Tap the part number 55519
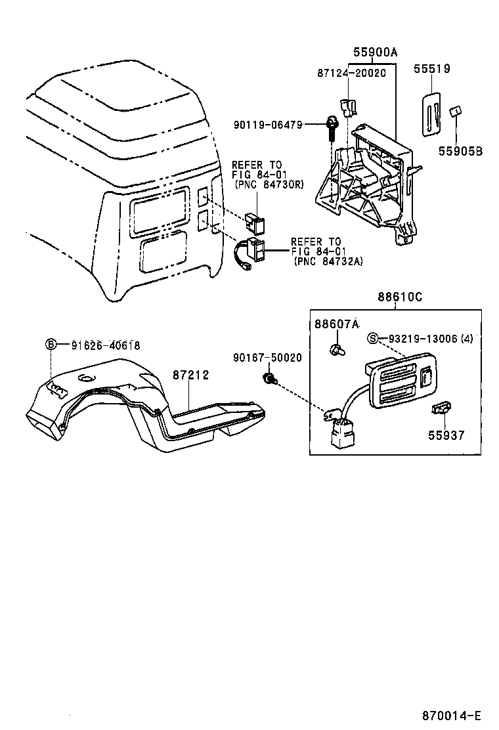[x=432, y=68]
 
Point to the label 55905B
[x=460, y=151]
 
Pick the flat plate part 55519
[x=430, y=112]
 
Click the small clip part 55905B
[x=453, y=112]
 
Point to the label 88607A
[x=337, y=324]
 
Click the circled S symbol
[x=373, y=339]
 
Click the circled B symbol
[x=52, y=345]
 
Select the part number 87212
[x=190, y=375]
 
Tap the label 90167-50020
[x=267, y=358]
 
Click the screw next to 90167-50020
[x=269, y=378]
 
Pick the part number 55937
[x=446, y=435]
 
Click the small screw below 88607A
[x=337, y=348]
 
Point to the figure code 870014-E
[x=452, y=715]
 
